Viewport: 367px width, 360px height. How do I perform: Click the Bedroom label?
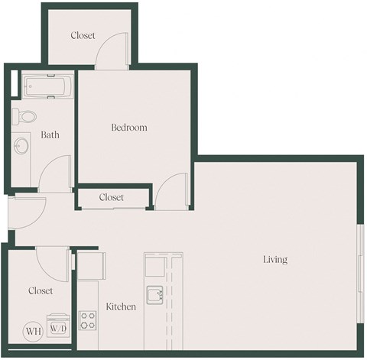[128, 128]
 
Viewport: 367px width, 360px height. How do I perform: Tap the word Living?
[275, 260]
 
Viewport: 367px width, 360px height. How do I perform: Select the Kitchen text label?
[121, 306]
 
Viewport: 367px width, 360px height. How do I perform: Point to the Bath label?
[50, 135]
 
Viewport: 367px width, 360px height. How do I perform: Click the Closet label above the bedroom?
[83, 35]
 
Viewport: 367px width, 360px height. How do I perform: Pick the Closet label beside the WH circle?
[41, 290]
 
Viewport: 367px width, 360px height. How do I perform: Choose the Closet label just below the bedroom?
[112, 197]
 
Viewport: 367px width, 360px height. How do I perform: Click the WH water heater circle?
[33, 331]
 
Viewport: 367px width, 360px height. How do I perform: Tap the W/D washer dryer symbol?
[58, 329]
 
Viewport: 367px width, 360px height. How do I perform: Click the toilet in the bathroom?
[26, 117]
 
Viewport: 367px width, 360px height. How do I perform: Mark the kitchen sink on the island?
[156, 294]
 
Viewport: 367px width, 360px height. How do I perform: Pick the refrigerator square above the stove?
[89, 264]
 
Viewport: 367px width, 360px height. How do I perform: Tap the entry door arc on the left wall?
[24, 208]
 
